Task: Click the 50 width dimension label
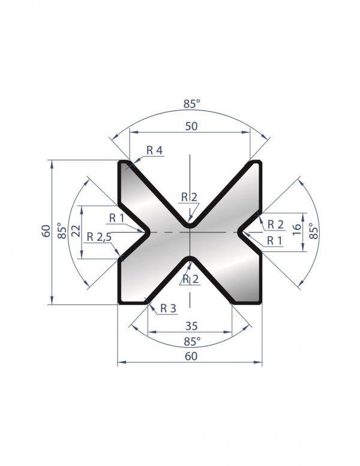coord(191,126)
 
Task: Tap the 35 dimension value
coord(191,326)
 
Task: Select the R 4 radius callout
coord(154,151)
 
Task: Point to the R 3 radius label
coord(169,309)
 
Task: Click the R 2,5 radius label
coord(99,237)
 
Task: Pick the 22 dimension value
coord(77,231)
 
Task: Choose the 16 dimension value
coord(296,230)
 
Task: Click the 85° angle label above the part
coord(191,104)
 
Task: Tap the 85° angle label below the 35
coord(192,342)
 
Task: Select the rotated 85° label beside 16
coord(314,231)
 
